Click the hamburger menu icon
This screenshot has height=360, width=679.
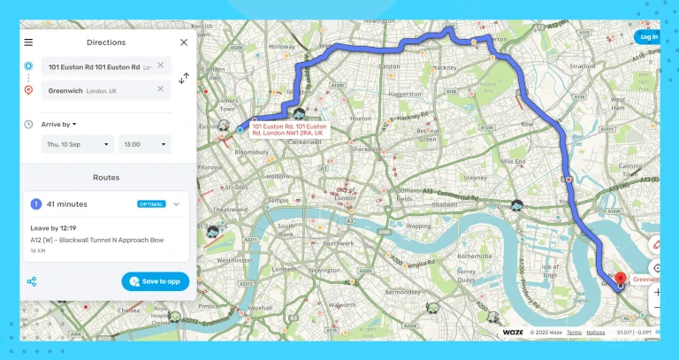point(28,42)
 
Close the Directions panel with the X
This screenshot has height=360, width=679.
point(184,42)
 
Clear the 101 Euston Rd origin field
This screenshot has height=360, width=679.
point(160,65)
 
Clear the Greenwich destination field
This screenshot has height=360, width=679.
point(160,89)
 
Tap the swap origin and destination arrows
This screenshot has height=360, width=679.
point(184,78)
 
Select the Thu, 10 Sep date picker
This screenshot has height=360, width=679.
point(78,144)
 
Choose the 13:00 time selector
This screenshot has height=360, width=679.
point(145,144)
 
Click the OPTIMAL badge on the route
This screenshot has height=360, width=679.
point(151,204)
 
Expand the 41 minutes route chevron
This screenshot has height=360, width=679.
point(176,204)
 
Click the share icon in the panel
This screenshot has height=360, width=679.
point(32,282)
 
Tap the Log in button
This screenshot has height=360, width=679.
point(648,37)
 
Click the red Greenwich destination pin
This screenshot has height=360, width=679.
point(621,278)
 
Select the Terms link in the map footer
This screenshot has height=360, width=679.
point(574,333)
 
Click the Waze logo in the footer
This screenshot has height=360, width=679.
point(513,333)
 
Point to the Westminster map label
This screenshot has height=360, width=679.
point(234,261)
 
